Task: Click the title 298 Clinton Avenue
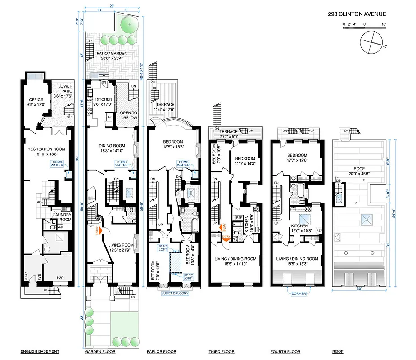357,13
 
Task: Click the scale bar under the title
365,28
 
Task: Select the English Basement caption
40,351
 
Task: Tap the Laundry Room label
63,217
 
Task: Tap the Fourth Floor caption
285,351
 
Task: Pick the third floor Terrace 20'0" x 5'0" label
229,134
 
